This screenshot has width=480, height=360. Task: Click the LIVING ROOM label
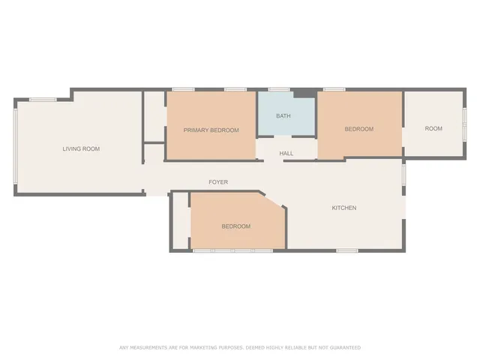point(81,148)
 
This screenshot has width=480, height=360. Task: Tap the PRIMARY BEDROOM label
point(211,130)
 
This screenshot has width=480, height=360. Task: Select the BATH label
point(283,116)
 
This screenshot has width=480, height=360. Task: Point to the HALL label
point(286,154)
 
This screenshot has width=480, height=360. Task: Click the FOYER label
point(218,182)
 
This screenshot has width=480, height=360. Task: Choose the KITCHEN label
point(344,208)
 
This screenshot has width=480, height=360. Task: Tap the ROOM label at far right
point(433,128)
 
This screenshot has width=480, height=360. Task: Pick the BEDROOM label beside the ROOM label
point(358,129)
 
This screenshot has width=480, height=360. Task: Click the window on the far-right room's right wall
point(465,124)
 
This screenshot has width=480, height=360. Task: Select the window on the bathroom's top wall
point(279,90)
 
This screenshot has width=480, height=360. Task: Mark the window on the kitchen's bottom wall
point(346,250)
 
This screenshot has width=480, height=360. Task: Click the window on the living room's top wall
point(43,99)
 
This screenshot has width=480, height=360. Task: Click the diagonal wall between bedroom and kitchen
point(273,200)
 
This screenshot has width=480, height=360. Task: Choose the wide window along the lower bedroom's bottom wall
point(232,250)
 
